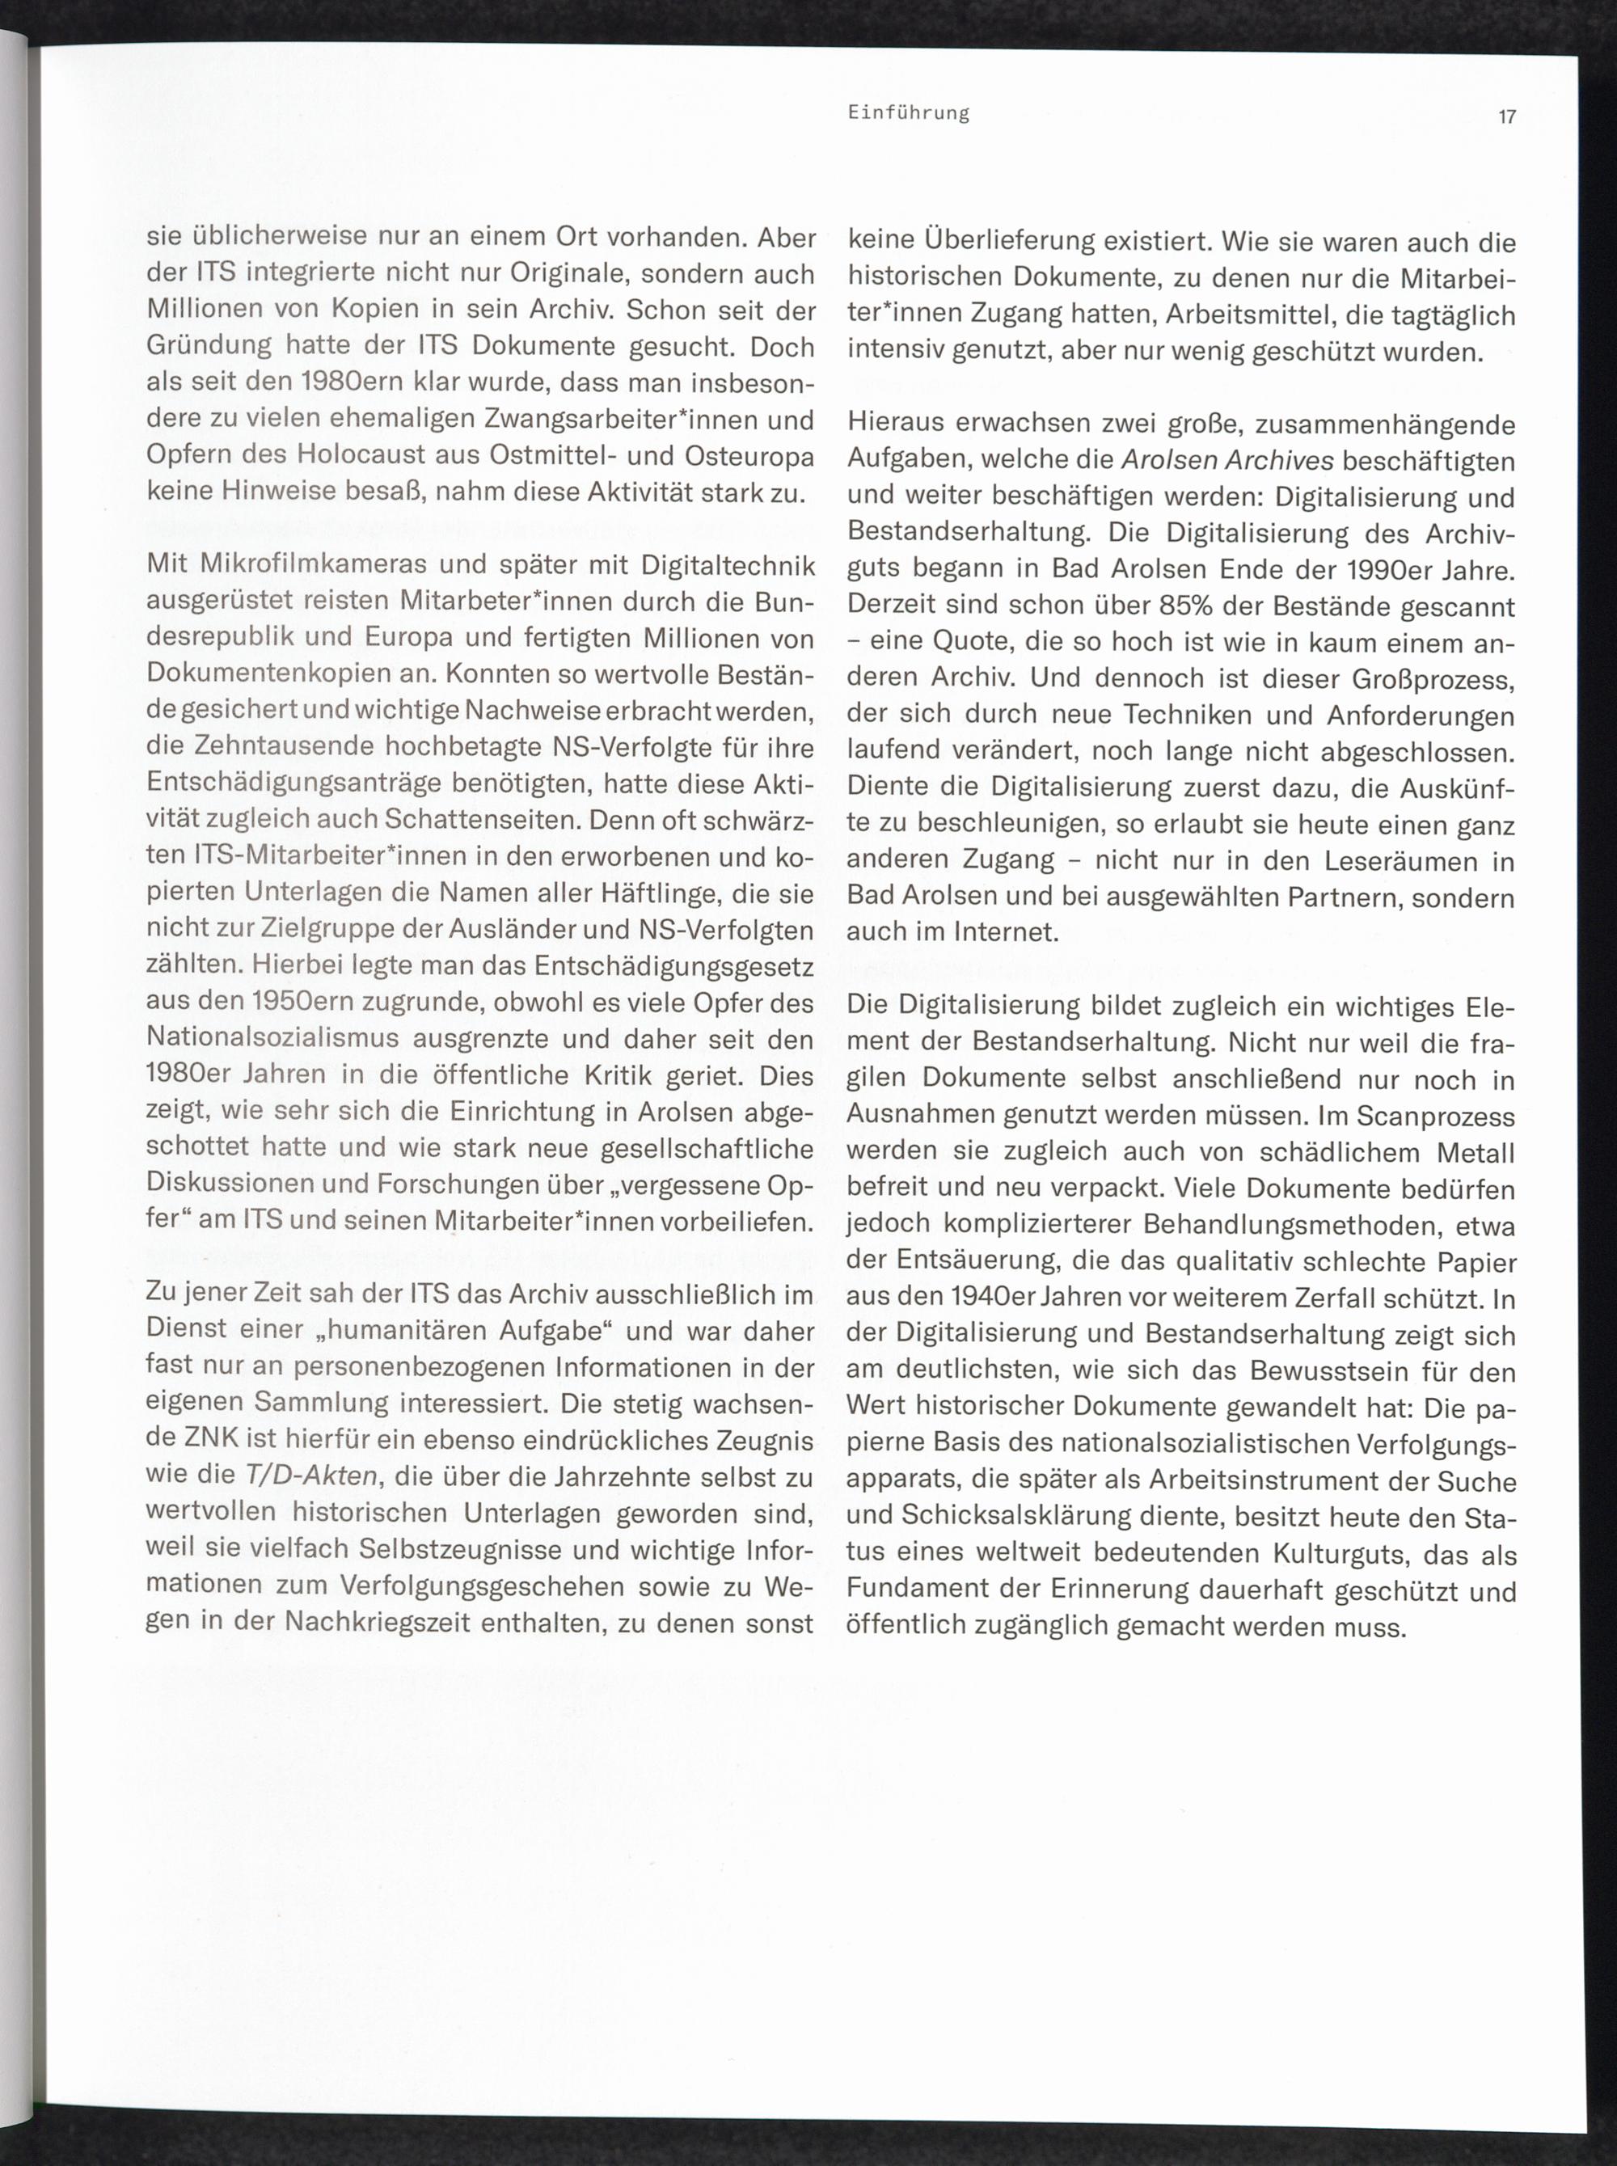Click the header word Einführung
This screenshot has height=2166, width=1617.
point(908,113)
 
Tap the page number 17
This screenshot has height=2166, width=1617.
point(1506,117)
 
